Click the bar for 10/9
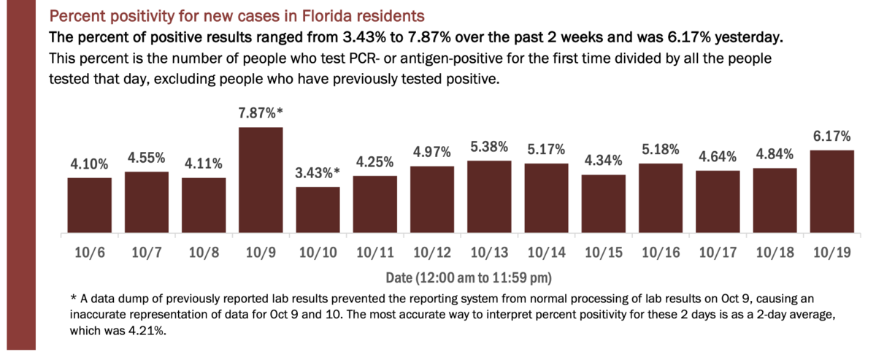(x=261, y=180)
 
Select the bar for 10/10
(x=318, y=210)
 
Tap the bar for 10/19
(x=831, y=192)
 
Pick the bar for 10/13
(x=489, y=197)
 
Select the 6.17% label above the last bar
(x=832, y=137)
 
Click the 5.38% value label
(x=489, y=148)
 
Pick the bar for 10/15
(x=603, y=204)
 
